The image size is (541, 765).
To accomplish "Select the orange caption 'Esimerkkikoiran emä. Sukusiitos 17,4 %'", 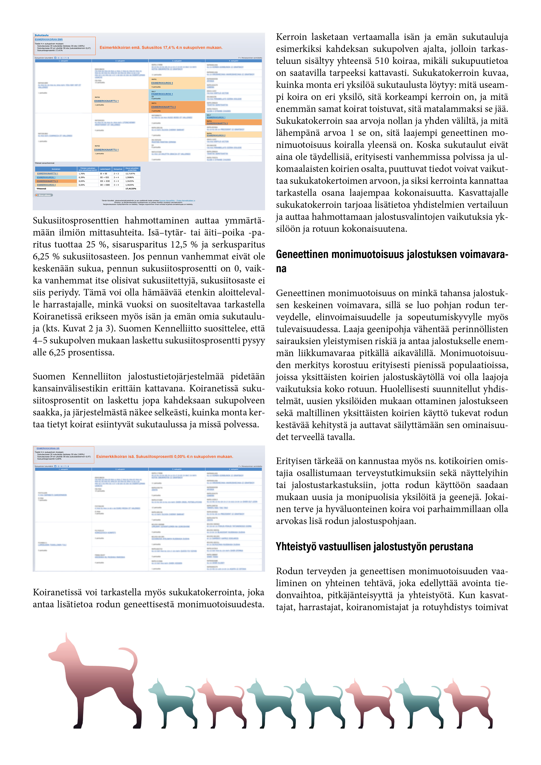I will (161, 48).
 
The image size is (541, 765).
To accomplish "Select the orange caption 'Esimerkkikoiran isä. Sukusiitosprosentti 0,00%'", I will (164, 456).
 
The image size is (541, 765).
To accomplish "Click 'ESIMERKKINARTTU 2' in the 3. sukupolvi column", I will (163, 107).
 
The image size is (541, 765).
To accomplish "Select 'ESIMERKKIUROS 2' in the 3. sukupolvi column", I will (162, 83).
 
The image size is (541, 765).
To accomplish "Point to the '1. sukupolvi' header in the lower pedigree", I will (63, 469).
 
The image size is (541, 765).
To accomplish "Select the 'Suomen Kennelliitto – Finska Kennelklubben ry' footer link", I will (177, 201).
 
